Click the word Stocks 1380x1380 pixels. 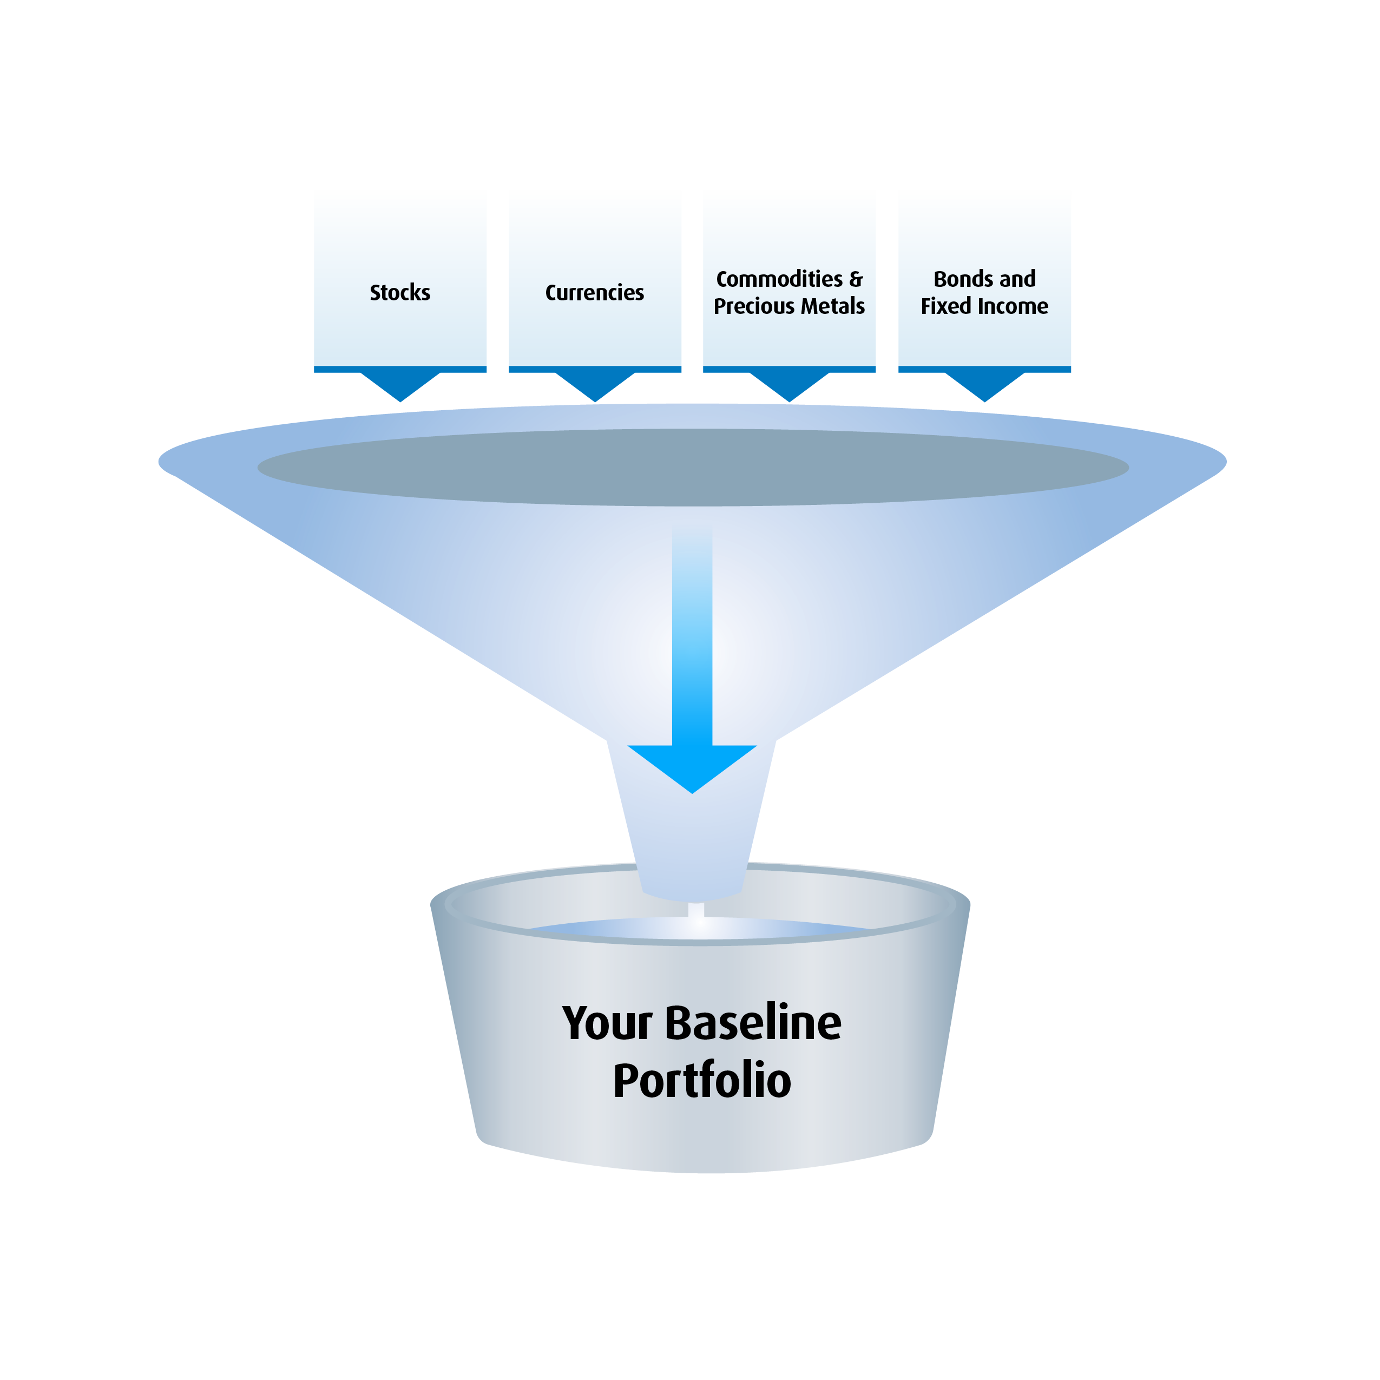(400, 293)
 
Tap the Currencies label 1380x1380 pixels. (594, 293)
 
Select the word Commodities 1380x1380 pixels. (779, 279)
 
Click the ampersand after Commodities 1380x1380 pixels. (856, 279)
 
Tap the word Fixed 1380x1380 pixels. (943, 306)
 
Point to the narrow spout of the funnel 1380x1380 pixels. (692, 843)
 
